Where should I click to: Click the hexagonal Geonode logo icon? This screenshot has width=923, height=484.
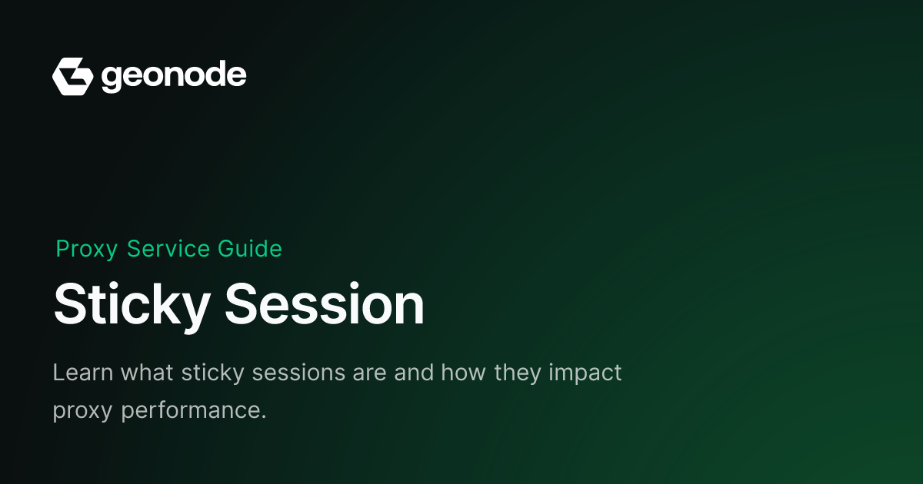click(x=73, y=77)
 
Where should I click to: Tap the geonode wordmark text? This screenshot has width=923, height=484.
click(x=174, y=77)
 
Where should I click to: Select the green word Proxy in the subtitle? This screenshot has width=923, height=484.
click(x=87, y=250)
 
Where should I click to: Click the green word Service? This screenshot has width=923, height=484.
click(x=168, y=249)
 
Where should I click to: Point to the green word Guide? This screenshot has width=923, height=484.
click(x=250, y=249)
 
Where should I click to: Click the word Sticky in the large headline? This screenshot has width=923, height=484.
click(x=132, y=307)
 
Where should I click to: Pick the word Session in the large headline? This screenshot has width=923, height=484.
click(x=325, y=303)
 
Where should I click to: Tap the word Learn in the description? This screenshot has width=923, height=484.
click(x=83, y=373)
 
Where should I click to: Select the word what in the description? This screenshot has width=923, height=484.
click(x=147, y=373)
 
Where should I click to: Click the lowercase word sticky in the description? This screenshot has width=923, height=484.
click(x=213, y=373)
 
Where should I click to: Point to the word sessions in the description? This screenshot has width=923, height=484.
click(x=298, y=373)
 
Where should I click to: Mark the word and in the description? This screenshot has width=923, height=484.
click(x=414, y=373)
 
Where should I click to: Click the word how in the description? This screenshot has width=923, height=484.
click(x=464, y=373)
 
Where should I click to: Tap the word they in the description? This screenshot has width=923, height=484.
click(x=518, y=373)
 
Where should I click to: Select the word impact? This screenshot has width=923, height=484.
click(x=585, y=373)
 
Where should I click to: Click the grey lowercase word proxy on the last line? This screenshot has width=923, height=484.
click(x=82, y=412)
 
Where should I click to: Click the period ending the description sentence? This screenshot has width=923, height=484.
click(x=264, y=417)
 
